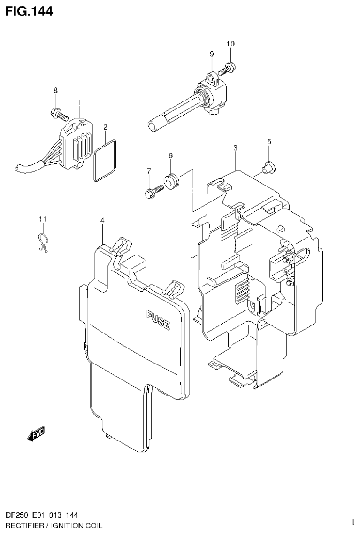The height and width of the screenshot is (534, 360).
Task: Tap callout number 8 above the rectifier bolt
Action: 55,91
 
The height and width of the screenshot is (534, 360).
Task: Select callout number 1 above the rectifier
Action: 79,102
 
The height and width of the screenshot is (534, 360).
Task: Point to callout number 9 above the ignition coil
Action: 211,54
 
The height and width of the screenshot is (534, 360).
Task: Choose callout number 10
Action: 230,44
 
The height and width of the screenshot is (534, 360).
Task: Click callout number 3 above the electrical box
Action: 235,147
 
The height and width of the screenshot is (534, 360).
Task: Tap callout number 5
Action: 269,141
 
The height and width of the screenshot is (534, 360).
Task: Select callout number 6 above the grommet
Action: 170,155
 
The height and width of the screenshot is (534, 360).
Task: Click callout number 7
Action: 148,170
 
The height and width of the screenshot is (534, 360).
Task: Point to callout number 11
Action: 43,219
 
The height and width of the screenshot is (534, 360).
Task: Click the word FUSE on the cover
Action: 158,320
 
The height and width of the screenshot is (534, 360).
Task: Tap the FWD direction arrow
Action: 36,435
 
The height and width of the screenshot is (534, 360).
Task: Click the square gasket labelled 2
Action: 105,160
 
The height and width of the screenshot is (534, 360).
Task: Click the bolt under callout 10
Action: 229,69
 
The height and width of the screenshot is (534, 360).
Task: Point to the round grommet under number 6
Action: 170,181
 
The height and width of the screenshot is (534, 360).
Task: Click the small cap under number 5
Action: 269,168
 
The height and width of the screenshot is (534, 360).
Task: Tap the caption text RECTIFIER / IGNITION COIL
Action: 51,525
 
